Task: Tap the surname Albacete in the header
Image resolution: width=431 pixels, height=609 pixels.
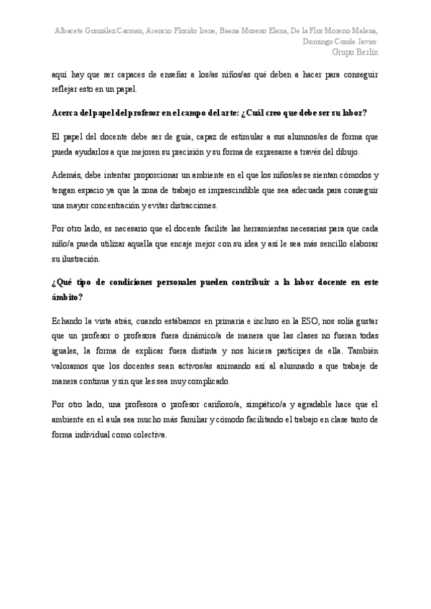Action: (x=73, y=32)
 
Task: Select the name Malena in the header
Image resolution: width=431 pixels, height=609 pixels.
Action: (x=363, y=32)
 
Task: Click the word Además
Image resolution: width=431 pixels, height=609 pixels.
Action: (x=68, y=175)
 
